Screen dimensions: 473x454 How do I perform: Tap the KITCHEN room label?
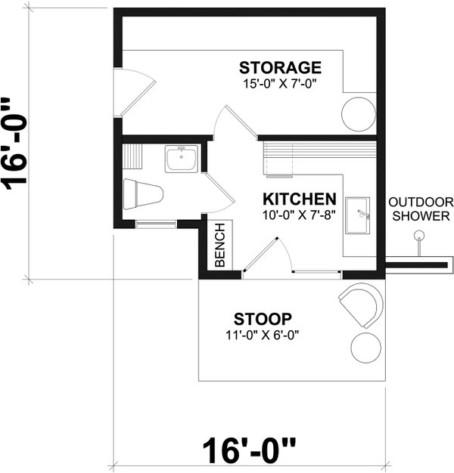299,199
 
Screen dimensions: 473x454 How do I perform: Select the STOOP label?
263,317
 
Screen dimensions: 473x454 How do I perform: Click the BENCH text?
220,246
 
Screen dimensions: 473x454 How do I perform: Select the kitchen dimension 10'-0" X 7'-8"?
299,215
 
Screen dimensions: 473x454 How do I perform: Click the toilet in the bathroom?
143,194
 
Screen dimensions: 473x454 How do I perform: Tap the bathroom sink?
182,159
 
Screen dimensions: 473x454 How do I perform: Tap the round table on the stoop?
367,346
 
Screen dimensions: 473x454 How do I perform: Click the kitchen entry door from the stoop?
265,255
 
